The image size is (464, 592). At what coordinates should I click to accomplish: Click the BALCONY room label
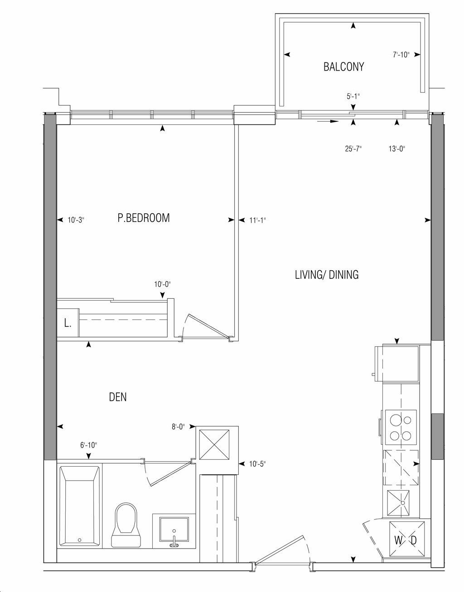click(343, 67)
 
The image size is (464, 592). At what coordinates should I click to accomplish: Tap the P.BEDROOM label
click(143, 218)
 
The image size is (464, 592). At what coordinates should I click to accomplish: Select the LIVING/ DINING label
click(327, 275)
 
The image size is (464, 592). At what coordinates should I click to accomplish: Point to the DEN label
click(118, 397)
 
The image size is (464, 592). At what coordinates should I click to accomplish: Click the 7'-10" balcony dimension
click(401, 55)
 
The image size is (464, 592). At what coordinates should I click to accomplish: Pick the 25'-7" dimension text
click(353, 149)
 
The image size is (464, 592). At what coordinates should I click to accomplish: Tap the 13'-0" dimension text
click(396, 149)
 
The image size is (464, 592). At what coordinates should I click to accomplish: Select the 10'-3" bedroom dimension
click(76, 220)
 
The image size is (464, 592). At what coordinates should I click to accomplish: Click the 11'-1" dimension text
click(257, 220)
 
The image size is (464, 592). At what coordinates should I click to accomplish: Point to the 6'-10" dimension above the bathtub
click(89, 445)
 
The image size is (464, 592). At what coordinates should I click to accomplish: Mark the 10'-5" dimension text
click(257, 463)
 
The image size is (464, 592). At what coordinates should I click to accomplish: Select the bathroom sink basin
click(174, 530)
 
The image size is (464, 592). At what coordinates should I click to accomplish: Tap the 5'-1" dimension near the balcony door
click(353, 96)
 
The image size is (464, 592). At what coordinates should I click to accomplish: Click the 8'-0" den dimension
click(178, 427)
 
